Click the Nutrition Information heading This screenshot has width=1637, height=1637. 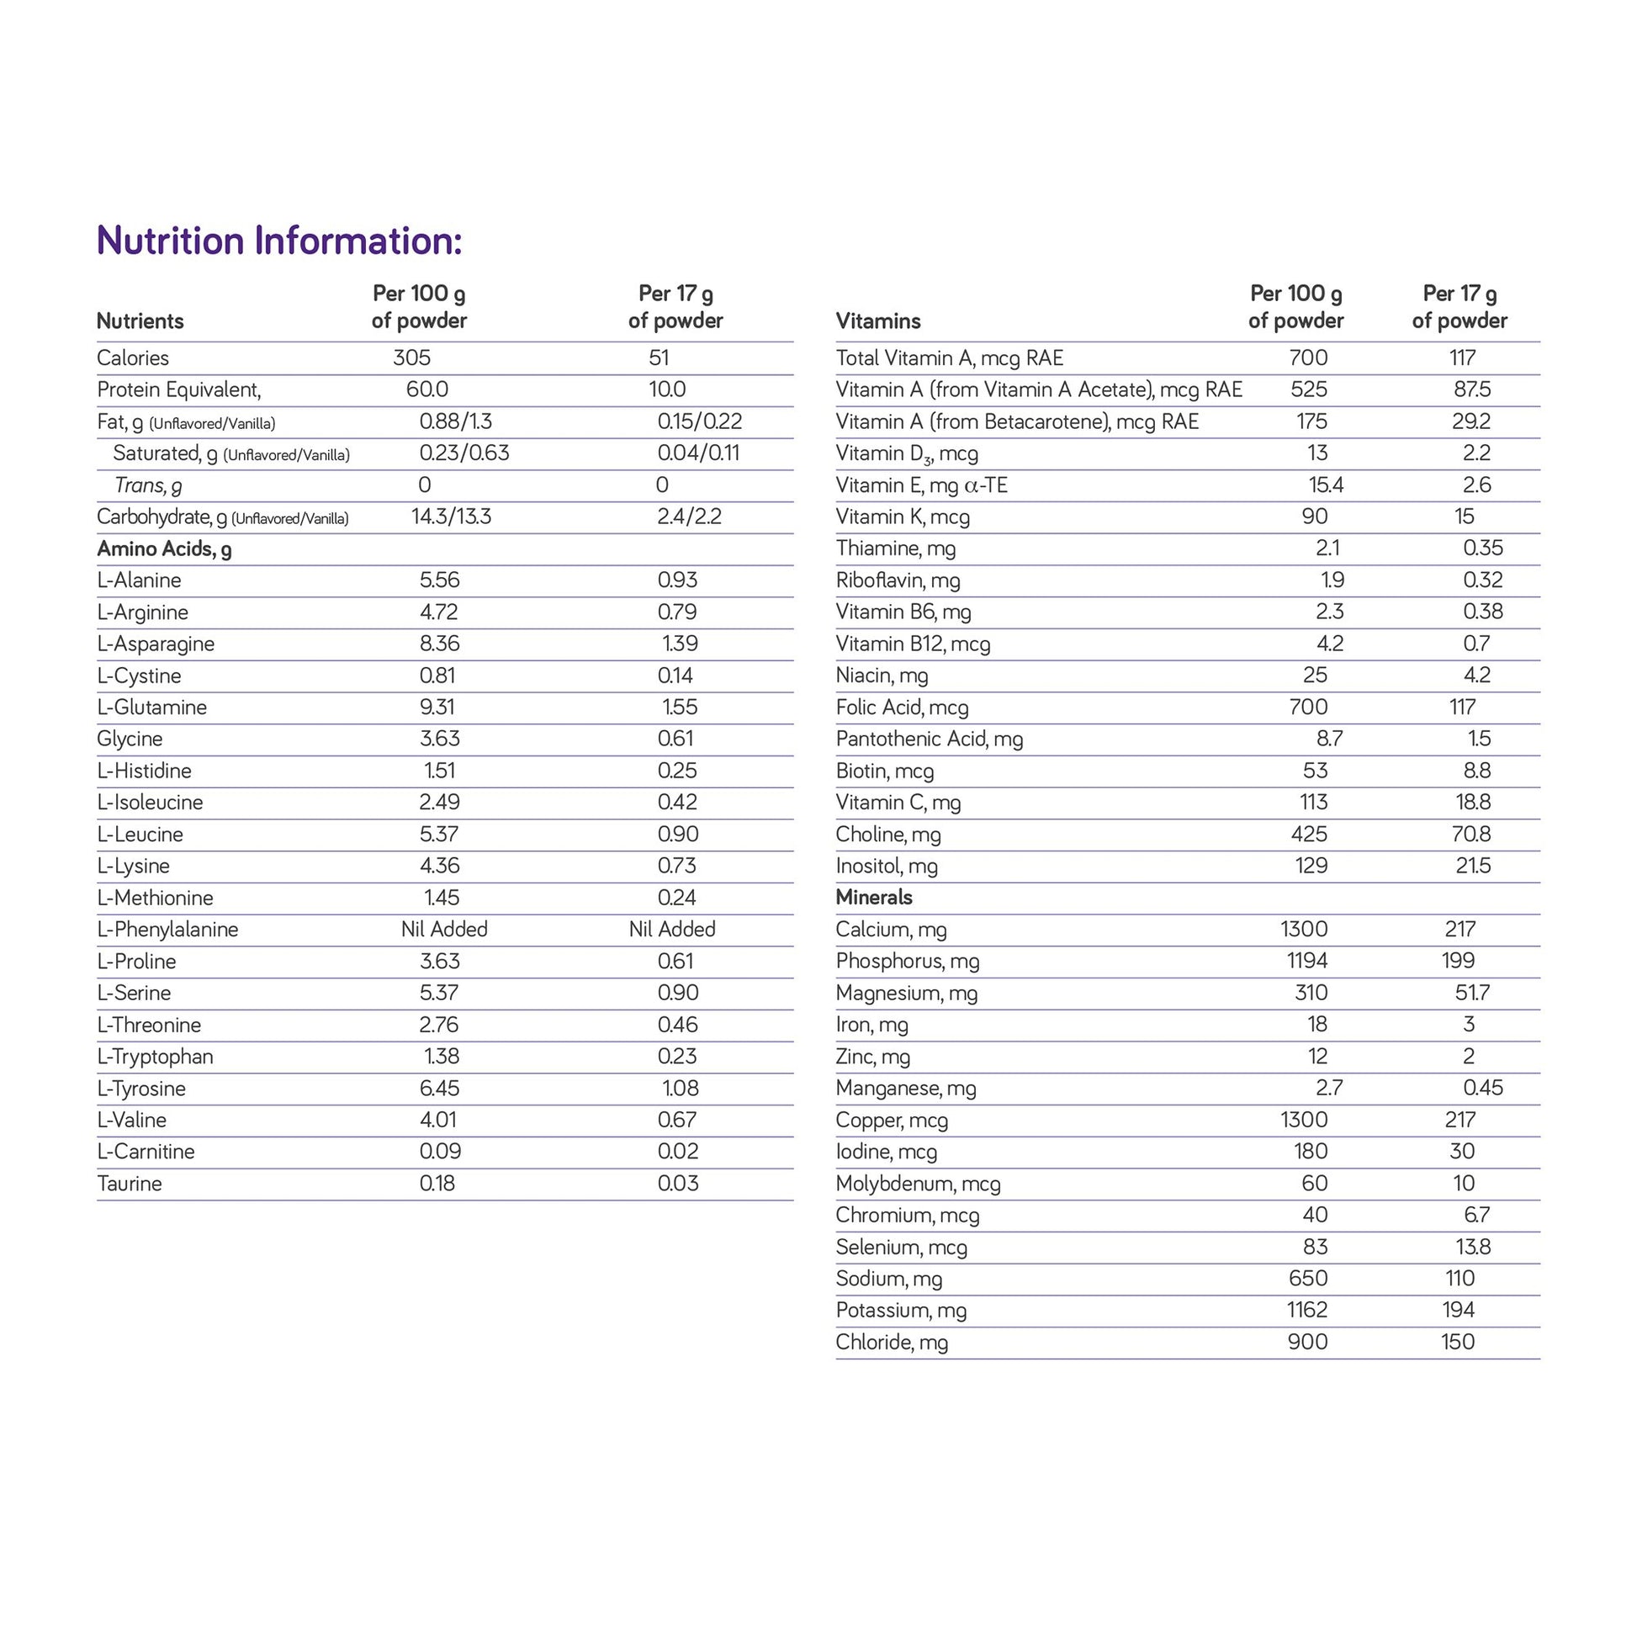(279, 241)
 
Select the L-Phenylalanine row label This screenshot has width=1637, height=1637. (167, 930)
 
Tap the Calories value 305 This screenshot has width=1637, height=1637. (412, 358)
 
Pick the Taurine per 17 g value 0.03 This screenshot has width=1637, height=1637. (678, 1184)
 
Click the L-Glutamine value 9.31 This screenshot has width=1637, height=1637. (440, 707)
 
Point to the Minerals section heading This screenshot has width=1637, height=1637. (873, 898)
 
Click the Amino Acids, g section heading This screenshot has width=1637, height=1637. (164, 549)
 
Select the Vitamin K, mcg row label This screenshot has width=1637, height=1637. (903, 517)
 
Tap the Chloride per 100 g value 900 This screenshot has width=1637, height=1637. (1307, 1342)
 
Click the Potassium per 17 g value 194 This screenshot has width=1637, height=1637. (1458, 1310)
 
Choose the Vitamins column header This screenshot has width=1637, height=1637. (878, 321)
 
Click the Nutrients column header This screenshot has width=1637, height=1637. (140, 321)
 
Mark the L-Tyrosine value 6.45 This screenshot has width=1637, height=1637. (440, 1088)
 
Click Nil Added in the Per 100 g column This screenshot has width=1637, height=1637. (444, 930)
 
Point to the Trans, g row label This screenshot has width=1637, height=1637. (148, 485)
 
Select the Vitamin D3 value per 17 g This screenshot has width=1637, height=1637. (1476, 453)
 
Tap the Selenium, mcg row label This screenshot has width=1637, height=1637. (901, 1248)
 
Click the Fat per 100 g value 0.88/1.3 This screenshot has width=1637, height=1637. (455, 421)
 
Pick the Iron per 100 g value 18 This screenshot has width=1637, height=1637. (1316, 1025)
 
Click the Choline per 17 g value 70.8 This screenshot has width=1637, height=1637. (1470, 834)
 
